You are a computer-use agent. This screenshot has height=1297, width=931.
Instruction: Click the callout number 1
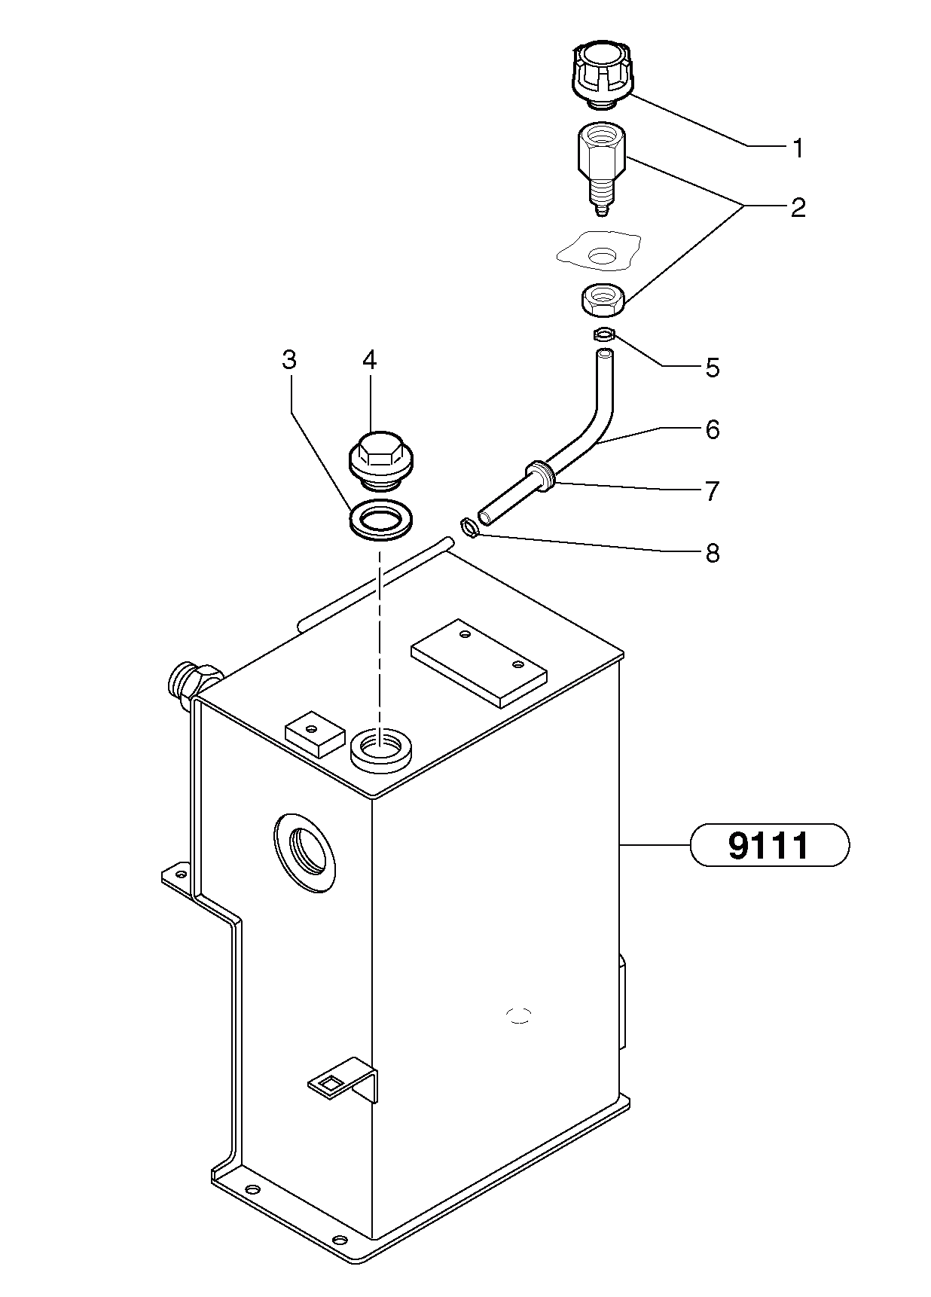pyautogui.click(x=797, y=148)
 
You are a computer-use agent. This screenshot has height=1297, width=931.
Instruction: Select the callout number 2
pyautogui.click(x=798, y=207)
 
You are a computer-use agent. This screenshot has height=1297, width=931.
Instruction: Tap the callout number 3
pyautogui.click(x=289, y=360)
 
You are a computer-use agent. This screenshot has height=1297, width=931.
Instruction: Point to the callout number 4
pyautogui.click(x=368, y=360)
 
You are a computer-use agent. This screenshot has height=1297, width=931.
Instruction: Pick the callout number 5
pyautogui.click(x=712, y=368)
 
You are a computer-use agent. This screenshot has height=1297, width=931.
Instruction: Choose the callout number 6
pyautogui.click(x=712, y=429)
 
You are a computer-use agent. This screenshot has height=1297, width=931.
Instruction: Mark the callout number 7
pyautogui.click(x=712, y=491)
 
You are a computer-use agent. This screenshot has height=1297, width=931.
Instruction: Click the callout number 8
pyautogui.click(x=712, y=554)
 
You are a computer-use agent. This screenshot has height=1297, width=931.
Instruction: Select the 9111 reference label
pyautogui.click(x=769, y=845)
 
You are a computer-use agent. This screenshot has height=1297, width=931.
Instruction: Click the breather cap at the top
pyautogui.click(x=600, y=72)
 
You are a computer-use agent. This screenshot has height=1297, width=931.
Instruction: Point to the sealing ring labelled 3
pyautogui.click(x=382, y=520)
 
